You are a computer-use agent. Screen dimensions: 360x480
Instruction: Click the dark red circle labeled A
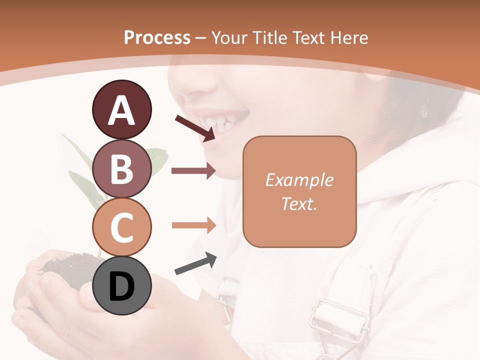click(121, 110)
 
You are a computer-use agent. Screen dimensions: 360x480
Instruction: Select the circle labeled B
click(121, 168)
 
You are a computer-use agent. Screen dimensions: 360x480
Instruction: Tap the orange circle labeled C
click(121, 226)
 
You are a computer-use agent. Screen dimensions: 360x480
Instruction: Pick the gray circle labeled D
click(121, 285)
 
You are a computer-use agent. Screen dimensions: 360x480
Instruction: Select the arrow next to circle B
click(193, 171)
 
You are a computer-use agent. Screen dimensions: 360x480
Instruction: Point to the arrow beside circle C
click(193, 225)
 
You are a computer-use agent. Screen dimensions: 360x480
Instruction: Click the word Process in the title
click(157, 37)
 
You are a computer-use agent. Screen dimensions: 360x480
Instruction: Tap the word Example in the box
click(299, 180)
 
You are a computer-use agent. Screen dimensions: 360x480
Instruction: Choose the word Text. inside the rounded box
click(299, 203)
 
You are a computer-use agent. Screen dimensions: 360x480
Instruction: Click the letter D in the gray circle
click(121, 286)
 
